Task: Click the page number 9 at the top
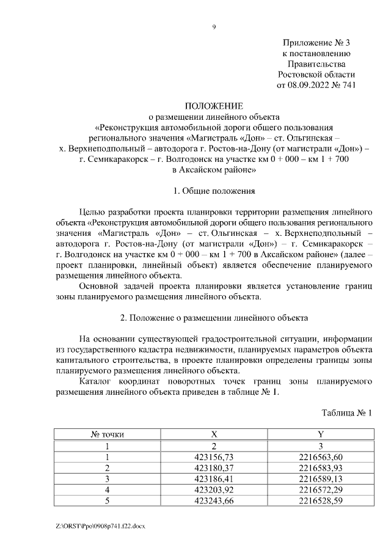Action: coord(214,26)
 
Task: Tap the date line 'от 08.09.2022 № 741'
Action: coord(316,86)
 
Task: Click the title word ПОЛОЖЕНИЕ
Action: coord(214,106)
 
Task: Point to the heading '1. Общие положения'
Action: coord(214,191)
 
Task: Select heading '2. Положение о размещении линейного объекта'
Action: coord(214,318)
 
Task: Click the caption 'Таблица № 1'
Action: coord(346,413)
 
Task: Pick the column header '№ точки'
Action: coord(108,434)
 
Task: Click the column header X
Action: coord(214,434)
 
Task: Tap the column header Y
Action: coord(321,434)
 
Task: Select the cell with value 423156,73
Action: coord(214,456)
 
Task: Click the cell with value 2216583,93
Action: coord(321,467)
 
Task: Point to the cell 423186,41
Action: coord(214,478)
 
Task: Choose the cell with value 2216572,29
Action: coord(321,489)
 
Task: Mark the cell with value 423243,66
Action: coord(214,500)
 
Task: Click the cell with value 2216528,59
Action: coord(321,500)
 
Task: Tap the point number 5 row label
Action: coord(108,500)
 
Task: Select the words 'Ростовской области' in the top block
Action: coord(316,75)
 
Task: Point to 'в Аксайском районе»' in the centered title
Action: coord(214,170)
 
